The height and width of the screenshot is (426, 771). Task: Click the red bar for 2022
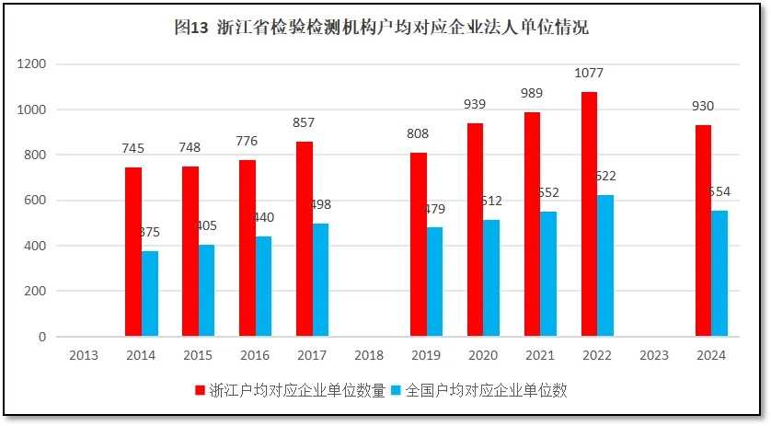pyautogui.click(x=589, y=214)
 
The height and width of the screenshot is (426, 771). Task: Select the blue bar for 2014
pyautogui.click(x=150, y=294)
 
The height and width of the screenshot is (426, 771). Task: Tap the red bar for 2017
pyautogui.click(x=305, y=239)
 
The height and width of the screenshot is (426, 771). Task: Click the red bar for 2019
pyautogui.click(x=419, y=245)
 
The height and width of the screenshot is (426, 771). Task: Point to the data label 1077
pyautogui.click(x=589, y=73)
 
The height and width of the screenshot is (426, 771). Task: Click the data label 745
pyautogui.click(x=133, y=148)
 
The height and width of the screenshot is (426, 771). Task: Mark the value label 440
pyautogui.click(x=263, y=217)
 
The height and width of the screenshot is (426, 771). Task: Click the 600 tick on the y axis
pyautogui.click(x=34, y=201)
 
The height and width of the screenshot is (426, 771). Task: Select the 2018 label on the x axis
pyautogui.click(x=368, y=355)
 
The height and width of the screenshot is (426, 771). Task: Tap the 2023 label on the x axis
pyautogui.click(x=653, y=355)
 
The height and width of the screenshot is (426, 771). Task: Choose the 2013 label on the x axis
pyautogui.click(x=84, y=355)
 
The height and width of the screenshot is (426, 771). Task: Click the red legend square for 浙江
pyautogui.click(x=201, y=390)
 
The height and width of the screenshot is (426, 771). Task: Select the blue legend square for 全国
pyautogui.click(x=397, y=390)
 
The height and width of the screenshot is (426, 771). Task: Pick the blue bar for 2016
pyautogui.click(x=264, y=286)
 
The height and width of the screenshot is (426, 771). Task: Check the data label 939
pyautogui.click(x=476, y=104)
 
